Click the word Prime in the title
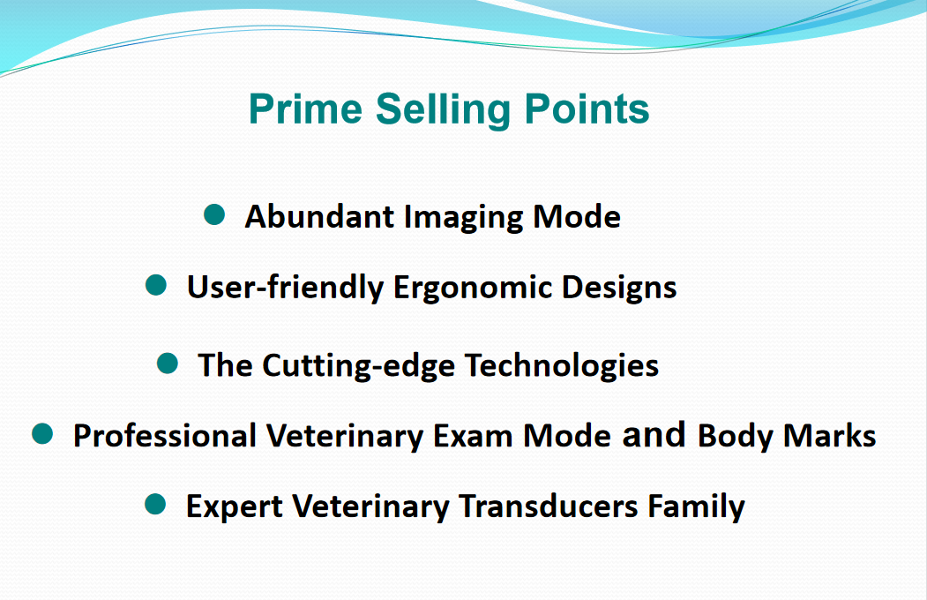click(x=305, y=109)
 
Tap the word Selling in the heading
click(x=443, y=110)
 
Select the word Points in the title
click(x=587, y=109)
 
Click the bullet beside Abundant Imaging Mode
click(x=214, y=214)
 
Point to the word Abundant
click(x=319, y=216)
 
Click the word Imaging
click(x=464, y=218)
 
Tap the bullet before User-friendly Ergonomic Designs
click(x=156, y=285)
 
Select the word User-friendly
click(x=285, y=288)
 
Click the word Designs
click(x=619, y=288)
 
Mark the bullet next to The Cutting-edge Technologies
click(x=168, y=363)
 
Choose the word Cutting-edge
click(x=358, y=366)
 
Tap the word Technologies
click(x=562, y=365)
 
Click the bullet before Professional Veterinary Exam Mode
click(x=42, y=434)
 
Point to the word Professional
click(x=164, y=436)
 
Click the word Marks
click(x=829, y=436)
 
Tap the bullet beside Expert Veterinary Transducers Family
click(x=155, y=504)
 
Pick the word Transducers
click(x=549, y=506)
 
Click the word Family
click(x=697, y=507)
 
